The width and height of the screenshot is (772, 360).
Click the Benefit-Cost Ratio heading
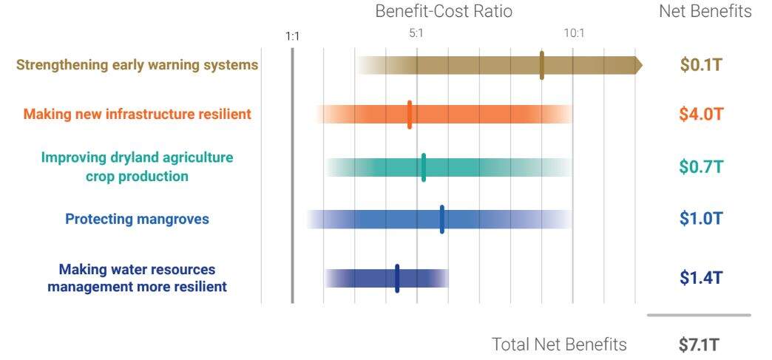coord(443,12)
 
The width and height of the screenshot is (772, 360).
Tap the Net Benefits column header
coord(705,12)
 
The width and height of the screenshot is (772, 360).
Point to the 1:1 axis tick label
coord(293,35)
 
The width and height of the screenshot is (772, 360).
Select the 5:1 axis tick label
coord(416,33)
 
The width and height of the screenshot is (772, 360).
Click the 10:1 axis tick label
coord(573,33)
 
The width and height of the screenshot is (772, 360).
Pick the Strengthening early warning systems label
coord(138,65)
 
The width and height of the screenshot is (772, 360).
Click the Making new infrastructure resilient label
coord(138,114)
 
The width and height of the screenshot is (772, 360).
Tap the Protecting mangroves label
coord(138,220)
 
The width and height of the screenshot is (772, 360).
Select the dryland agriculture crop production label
coord(138,167)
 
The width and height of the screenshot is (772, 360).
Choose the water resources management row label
coord(138,278)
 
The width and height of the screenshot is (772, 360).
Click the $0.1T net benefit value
coord(701,65)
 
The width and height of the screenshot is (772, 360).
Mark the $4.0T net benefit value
coord(701,114)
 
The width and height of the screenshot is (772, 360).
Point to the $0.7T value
coord(701,167)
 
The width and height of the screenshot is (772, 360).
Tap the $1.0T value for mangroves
coord(701,220)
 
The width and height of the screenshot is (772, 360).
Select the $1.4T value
coord(701,278)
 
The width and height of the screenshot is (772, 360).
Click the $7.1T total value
coord(698,344)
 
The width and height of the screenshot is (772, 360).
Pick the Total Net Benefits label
coord(559,344)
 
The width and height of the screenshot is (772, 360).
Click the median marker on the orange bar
coord(410,115)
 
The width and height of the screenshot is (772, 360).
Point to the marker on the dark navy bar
coord(397,278)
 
